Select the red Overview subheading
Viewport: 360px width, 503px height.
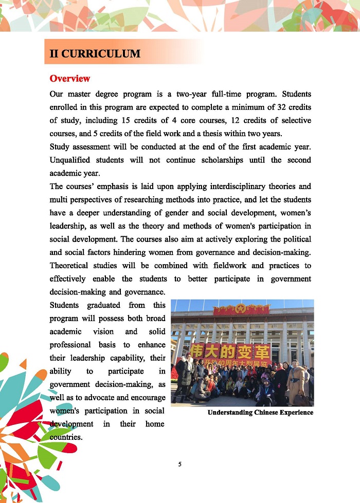tap(70, 79)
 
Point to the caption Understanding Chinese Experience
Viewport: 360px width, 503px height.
tap(260, 413)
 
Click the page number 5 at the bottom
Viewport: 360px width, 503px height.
tap(180, 464)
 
